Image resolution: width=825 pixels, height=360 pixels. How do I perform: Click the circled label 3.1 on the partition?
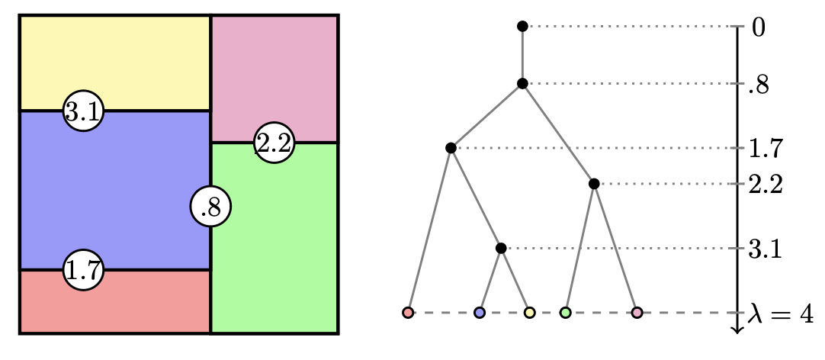[x=83, y=111]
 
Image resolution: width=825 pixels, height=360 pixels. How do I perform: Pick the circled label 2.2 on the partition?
[x=274, y=143]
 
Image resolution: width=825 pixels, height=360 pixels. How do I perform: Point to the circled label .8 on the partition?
[x=210, y=207]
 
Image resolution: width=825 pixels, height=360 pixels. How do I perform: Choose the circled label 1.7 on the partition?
[x=83, y=270]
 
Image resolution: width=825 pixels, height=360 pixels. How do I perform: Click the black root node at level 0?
[x=522, y=27]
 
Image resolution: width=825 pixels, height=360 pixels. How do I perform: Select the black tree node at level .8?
[x=522, y=84]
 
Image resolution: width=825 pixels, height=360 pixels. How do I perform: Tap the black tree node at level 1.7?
[x=451, y=148]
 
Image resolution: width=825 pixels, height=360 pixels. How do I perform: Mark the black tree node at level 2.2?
[x=594, y=184]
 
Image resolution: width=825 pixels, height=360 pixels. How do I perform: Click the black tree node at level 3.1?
[x=501, y=248]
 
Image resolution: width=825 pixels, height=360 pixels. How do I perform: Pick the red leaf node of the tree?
[x=408, y=313]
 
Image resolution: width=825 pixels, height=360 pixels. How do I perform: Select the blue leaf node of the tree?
[x=480, y=313]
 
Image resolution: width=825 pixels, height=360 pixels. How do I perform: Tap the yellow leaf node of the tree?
[x=529, y=313]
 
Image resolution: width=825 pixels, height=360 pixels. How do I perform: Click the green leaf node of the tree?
[x=565, y=313]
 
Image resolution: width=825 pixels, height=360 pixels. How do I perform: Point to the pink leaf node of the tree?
[x=637, y=313]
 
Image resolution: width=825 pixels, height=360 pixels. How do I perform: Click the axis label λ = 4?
[x=780, y=314]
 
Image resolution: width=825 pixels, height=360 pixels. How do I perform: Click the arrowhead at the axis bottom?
[x=737, y=329]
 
